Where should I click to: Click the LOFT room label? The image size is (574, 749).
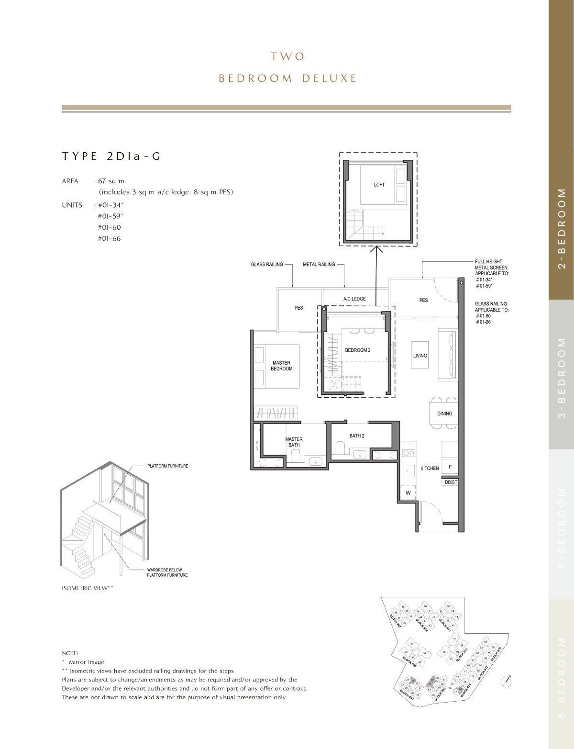[379, 185]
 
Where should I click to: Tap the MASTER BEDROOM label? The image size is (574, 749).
[281, 366]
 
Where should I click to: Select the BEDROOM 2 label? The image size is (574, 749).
[358, 350]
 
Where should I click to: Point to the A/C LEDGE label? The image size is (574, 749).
[354, 299]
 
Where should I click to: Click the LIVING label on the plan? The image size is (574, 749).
[420, 356]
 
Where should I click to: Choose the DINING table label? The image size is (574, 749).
[444, 414]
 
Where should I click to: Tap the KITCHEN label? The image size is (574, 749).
[430, 468]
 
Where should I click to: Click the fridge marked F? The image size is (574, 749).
[450, 467]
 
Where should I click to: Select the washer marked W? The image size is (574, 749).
[408, 492]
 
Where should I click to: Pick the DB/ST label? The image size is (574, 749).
[451, 482]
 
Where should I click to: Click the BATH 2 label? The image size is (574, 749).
[357, 436]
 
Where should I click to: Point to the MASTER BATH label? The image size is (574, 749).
[294, 442]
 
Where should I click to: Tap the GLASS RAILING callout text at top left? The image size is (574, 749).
[267, 264]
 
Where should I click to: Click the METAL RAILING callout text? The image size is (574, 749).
[319, 264]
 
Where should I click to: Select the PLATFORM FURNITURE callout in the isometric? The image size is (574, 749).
[167, 466]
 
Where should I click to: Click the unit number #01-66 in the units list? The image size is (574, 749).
[109, 238]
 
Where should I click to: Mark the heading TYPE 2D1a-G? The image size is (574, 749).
[111, 156]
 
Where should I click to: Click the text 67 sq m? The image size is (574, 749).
[111, 181]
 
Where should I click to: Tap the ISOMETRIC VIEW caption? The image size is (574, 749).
[88, 587]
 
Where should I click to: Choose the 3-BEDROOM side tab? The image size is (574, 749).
[562, 378]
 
